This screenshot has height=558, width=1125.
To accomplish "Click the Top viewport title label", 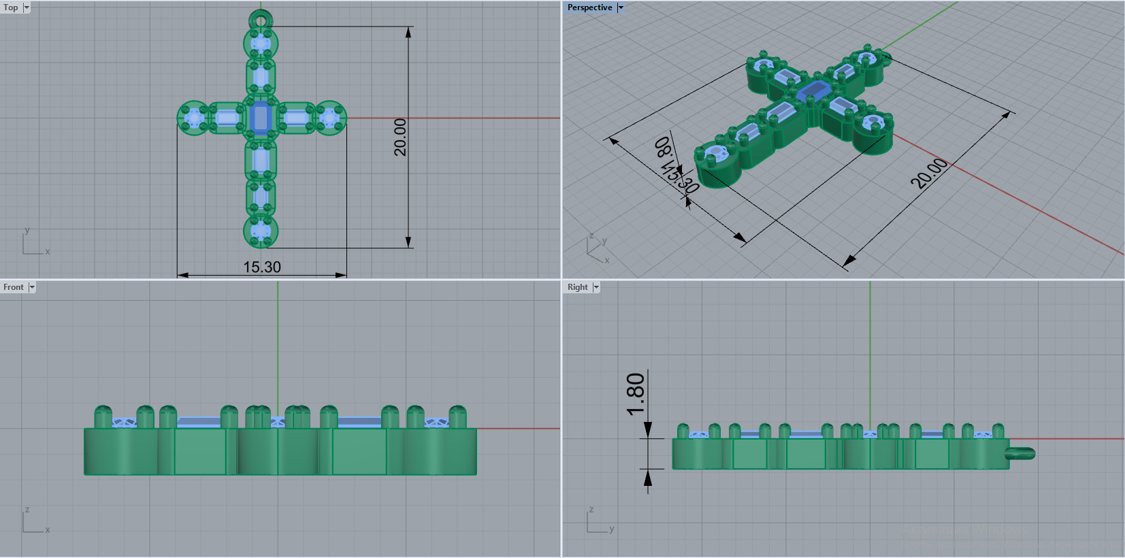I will pos(11,7).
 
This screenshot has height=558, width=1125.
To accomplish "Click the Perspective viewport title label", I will pos(589,7).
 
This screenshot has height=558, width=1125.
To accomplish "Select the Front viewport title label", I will pos(13,287).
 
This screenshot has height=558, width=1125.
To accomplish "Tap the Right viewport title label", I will pos(577,287).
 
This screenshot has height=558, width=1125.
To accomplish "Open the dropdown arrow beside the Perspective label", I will pos(621,7).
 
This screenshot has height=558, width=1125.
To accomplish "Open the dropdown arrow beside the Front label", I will pos(32,287).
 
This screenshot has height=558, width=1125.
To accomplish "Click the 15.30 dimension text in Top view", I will pos(262,267).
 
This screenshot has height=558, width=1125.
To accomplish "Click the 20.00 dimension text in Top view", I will pos(400,137).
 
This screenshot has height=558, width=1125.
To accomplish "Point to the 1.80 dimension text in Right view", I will pos(635,394).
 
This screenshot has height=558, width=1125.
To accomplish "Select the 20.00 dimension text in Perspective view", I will pos(929,173).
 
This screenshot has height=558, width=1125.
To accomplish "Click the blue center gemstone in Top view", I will pos(261,118).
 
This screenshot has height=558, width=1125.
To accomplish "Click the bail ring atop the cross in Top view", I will pos(261,18).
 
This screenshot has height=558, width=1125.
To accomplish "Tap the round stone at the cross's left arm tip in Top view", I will pos(193,118).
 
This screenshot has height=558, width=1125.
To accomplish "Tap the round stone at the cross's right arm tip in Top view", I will pos(330,118).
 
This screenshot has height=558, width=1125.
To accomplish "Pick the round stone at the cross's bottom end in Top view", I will pos(261,231).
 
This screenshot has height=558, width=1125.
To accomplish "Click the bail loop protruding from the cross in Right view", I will pos(1022,453).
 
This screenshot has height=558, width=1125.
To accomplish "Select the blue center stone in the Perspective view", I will pos(813,91).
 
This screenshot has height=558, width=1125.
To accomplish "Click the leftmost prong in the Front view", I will pos(103,416).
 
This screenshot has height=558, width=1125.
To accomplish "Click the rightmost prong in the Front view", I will pos(457,416).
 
